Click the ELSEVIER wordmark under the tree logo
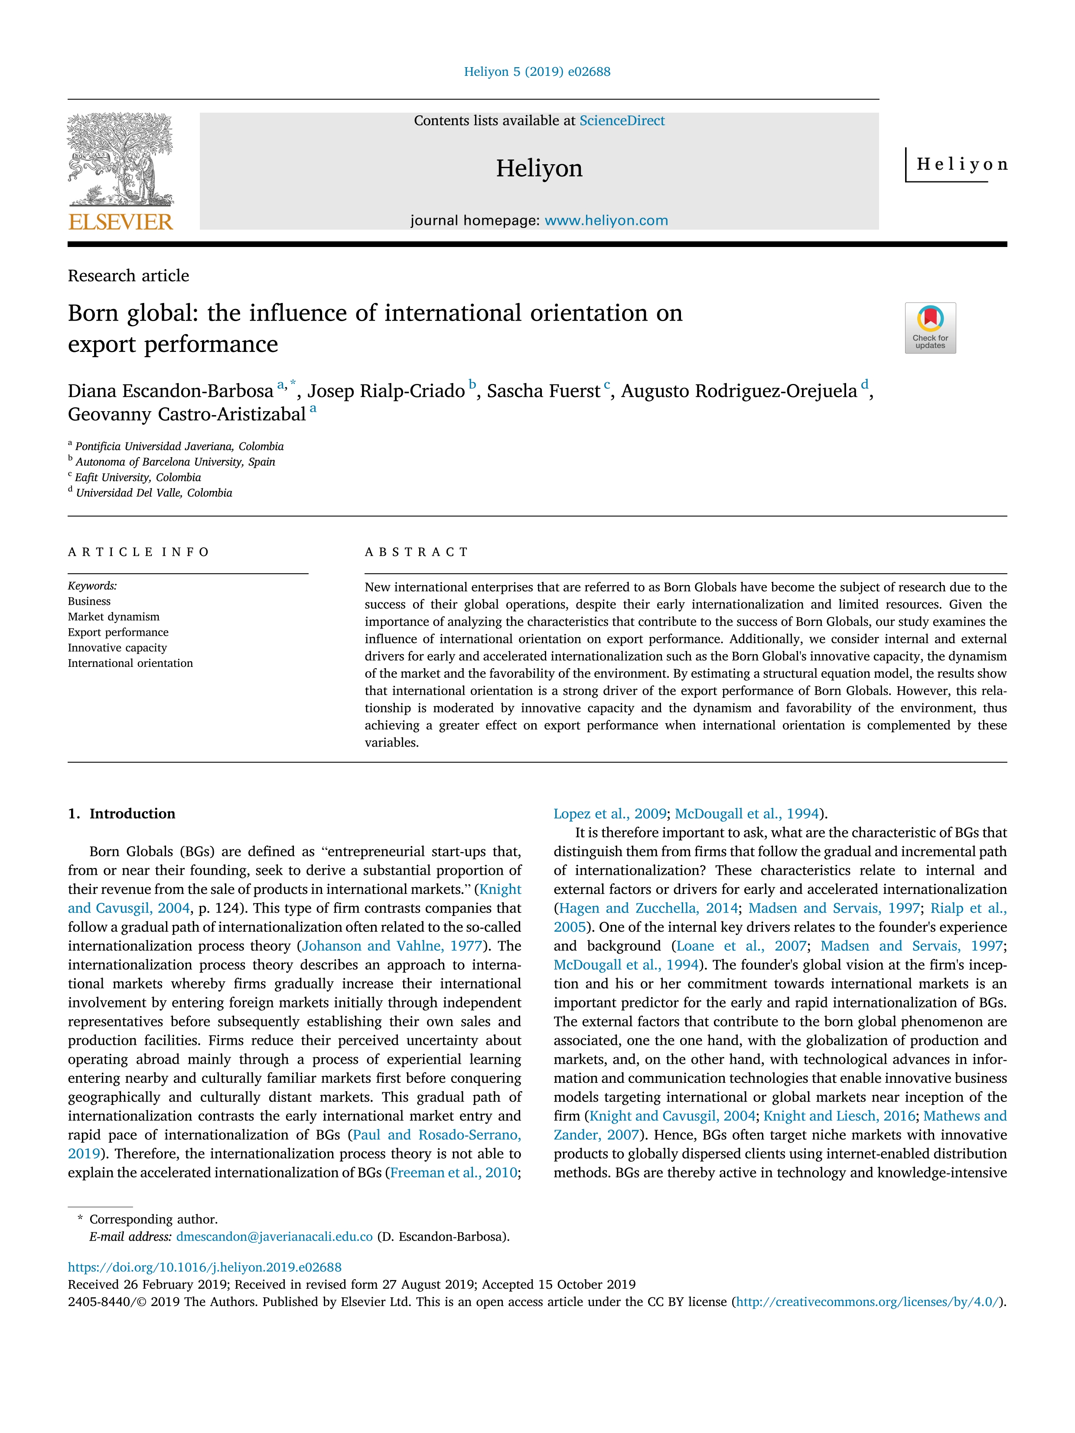[121, 222]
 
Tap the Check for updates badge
[930, 328]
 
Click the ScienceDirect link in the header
[622, 120]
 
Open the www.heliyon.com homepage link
[606, 220]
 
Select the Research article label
[128, 276]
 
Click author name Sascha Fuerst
[543, 391]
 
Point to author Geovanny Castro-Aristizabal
[187, 415]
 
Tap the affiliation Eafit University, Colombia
[137, 478]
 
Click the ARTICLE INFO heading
[139, 552]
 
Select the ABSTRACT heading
[416, 552]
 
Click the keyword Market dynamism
[114, 617]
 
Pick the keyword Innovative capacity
[117, 648]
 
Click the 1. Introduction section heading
[122, 814]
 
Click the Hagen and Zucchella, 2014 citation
[648, 908]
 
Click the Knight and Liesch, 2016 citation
[839, 1115]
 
